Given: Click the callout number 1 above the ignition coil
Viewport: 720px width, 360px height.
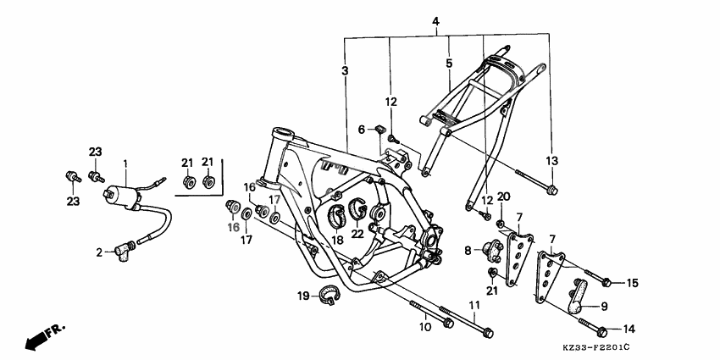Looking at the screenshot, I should pyautogui.click(x=125, y=163).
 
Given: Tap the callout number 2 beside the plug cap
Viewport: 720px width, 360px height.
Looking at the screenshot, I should pyautogui.click(x=98, y=252).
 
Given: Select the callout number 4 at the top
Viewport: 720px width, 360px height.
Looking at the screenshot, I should pyautogui.click(x=435, y=20).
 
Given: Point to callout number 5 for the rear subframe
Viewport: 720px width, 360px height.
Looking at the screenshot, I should pyautogui.click(x=449, y=62).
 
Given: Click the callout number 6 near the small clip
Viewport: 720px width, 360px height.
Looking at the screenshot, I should pyautogui.click(x=361, y=130).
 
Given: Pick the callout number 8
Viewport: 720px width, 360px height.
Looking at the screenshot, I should pyautogui.click(x=467, y=250).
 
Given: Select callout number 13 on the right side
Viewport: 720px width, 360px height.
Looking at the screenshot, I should pyautogui.click(x=552, y=161).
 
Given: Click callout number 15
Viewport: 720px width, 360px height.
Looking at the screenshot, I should pyautogui.click(x=633, y=282).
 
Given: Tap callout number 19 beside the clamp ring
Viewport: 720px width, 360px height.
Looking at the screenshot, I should pyautogui.click(x=302, y=296).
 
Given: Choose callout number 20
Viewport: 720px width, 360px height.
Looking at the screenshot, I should pyautogui.click(x=503, y=197).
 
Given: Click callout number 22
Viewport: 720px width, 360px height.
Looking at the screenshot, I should pyautogui.click(x=357, y=234).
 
